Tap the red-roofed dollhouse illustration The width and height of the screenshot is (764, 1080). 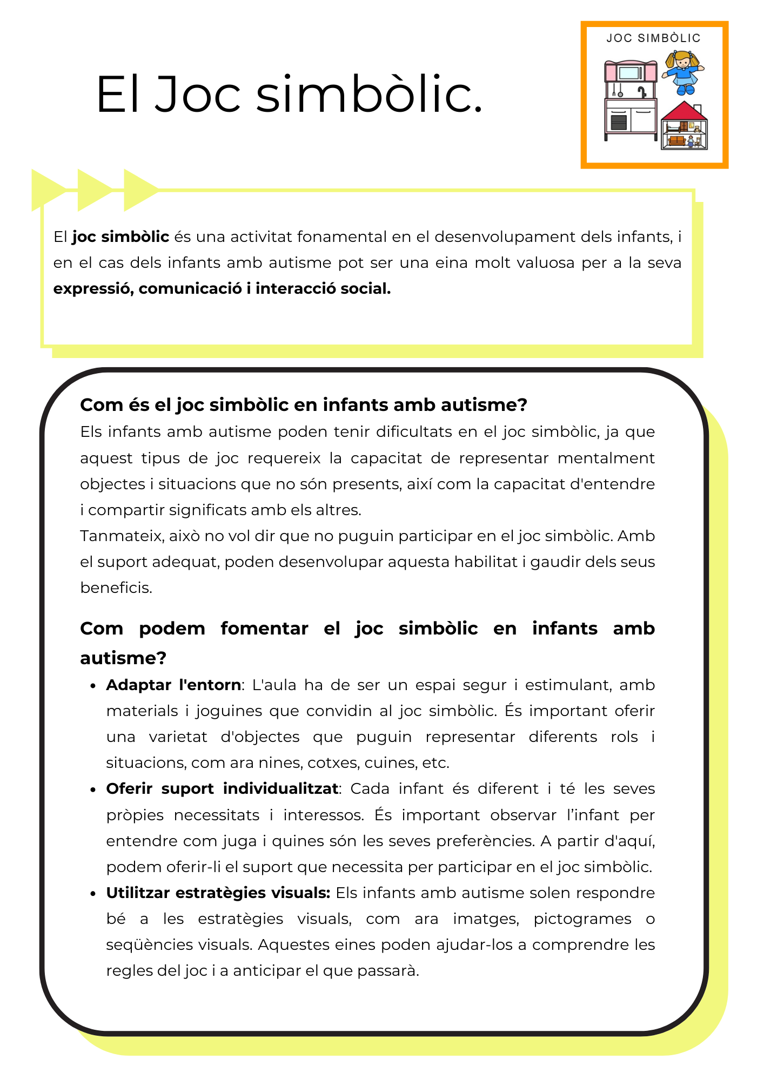[684, 127]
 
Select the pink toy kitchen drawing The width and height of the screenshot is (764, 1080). [631, 100]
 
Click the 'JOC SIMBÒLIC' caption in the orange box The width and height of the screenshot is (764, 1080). [653, 38]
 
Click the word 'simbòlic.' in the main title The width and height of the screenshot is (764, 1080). [368, 95]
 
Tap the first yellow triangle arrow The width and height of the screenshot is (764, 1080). [48, 190]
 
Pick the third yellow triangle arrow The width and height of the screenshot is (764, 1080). [140, 190]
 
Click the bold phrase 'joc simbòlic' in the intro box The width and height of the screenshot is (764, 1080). [120, 237]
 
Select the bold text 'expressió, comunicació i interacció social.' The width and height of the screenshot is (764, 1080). [222, 289]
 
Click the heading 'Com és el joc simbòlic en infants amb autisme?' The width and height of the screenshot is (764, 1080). [303, 404]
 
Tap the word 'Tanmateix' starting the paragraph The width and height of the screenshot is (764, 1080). [122, 536]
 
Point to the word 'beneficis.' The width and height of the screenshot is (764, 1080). [116, 588]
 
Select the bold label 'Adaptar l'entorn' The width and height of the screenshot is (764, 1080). [173, 685]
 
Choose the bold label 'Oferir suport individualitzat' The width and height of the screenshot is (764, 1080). [222, 789]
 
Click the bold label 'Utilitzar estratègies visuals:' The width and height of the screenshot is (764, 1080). [218, 893]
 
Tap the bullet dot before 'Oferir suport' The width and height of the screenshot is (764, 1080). [93, 790]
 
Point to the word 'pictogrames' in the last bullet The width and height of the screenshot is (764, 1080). [582, 919]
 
